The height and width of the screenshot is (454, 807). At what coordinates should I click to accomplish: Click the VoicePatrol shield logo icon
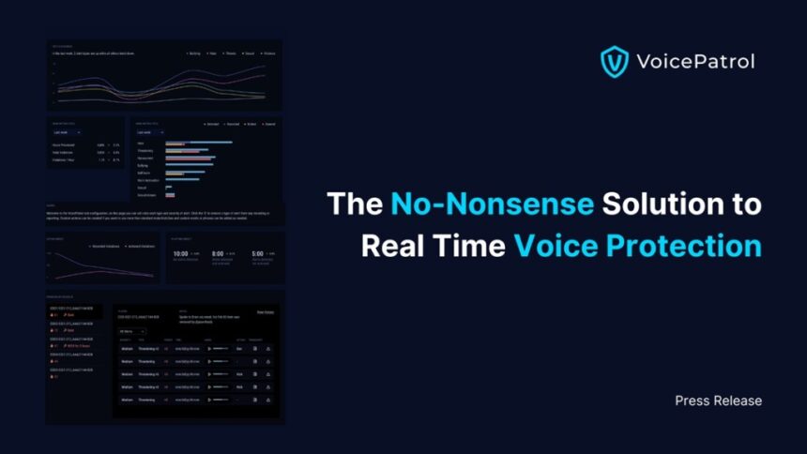coord(614,62)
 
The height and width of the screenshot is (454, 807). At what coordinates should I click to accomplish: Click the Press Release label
coord(718,401)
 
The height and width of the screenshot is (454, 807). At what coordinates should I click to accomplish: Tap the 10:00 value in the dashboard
coord(181,253)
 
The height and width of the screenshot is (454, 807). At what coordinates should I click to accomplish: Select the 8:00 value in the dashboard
coord(217,253)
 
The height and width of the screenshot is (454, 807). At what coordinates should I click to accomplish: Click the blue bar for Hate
coord(200,143)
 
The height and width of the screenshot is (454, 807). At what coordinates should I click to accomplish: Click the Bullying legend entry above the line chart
coord(196,53)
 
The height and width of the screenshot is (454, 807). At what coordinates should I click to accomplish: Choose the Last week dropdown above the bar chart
coord(149,132)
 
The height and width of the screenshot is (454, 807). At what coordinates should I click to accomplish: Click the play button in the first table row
coord(208,348)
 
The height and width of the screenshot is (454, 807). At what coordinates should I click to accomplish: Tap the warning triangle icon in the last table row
coord(268,400)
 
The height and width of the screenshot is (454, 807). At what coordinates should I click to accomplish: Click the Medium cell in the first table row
coord(128,348)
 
